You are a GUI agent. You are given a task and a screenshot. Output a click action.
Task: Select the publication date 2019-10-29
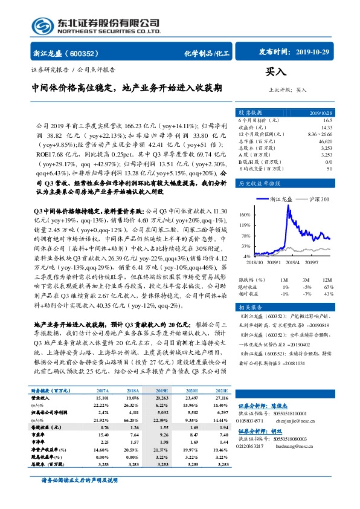311,53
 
